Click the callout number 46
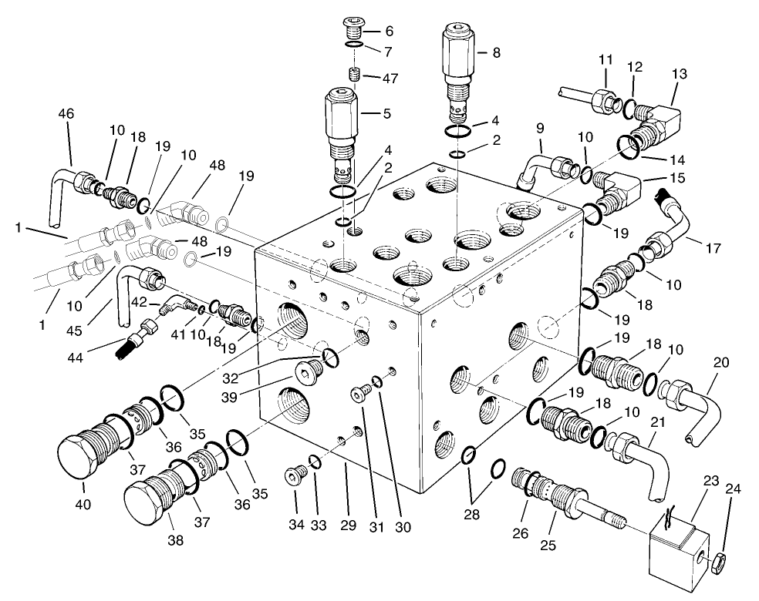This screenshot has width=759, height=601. pyautogui.click(x=66, y=113)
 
